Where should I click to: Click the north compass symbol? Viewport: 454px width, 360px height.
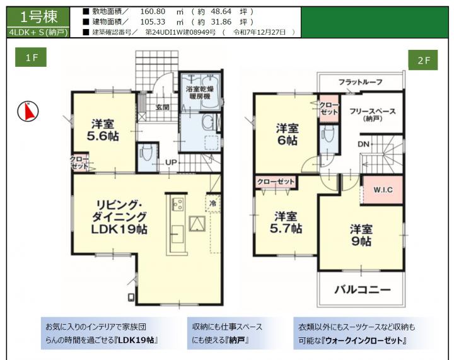pyautogui.click(x=28, y=112)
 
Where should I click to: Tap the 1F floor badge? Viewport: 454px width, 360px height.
pyautogui.click(x=31, y=57)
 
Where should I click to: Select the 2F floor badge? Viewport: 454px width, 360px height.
pyautogui.click(x=423, y=60)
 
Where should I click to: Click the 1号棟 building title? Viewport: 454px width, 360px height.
pyautogui.click(x=38, y=17)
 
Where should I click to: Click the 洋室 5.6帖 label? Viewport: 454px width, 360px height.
pyautogui.click(x=103, y=130)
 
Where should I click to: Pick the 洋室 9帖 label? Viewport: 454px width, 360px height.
pyautogui.click(x=361, y=235)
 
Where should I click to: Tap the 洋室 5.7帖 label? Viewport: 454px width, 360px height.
pyautogui.click(x=286, y=223)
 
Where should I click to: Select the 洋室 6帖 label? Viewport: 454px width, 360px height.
pyautogui.click(x=288, y=134)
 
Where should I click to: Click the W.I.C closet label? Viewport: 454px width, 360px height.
pyautogui.click(x=383, y=190)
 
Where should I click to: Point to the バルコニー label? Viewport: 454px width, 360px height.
pyautogui.click(x=363, y=289)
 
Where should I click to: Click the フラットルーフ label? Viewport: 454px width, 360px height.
pyautogui.click(x=361, y=82)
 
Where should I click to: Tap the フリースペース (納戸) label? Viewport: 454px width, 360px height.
pyautogui.click(x=373, y=115)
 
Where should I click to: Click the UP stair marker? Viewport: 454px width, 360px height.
pyautogui.click(x=171, y=163)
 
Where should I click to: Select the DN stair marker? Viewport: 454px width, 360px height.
pyautogui.click(x=364, y=144)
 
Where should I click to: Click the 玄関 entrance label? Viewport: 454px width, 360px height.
pyautogui.click(x=163, y=107)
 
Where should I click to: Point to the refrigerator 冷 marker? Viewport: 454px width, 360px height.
pyautogui.click(x=213, y=203)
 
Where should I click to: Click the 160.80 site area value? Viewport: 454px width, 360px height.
pyautogui.click(x=153, y=11)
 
